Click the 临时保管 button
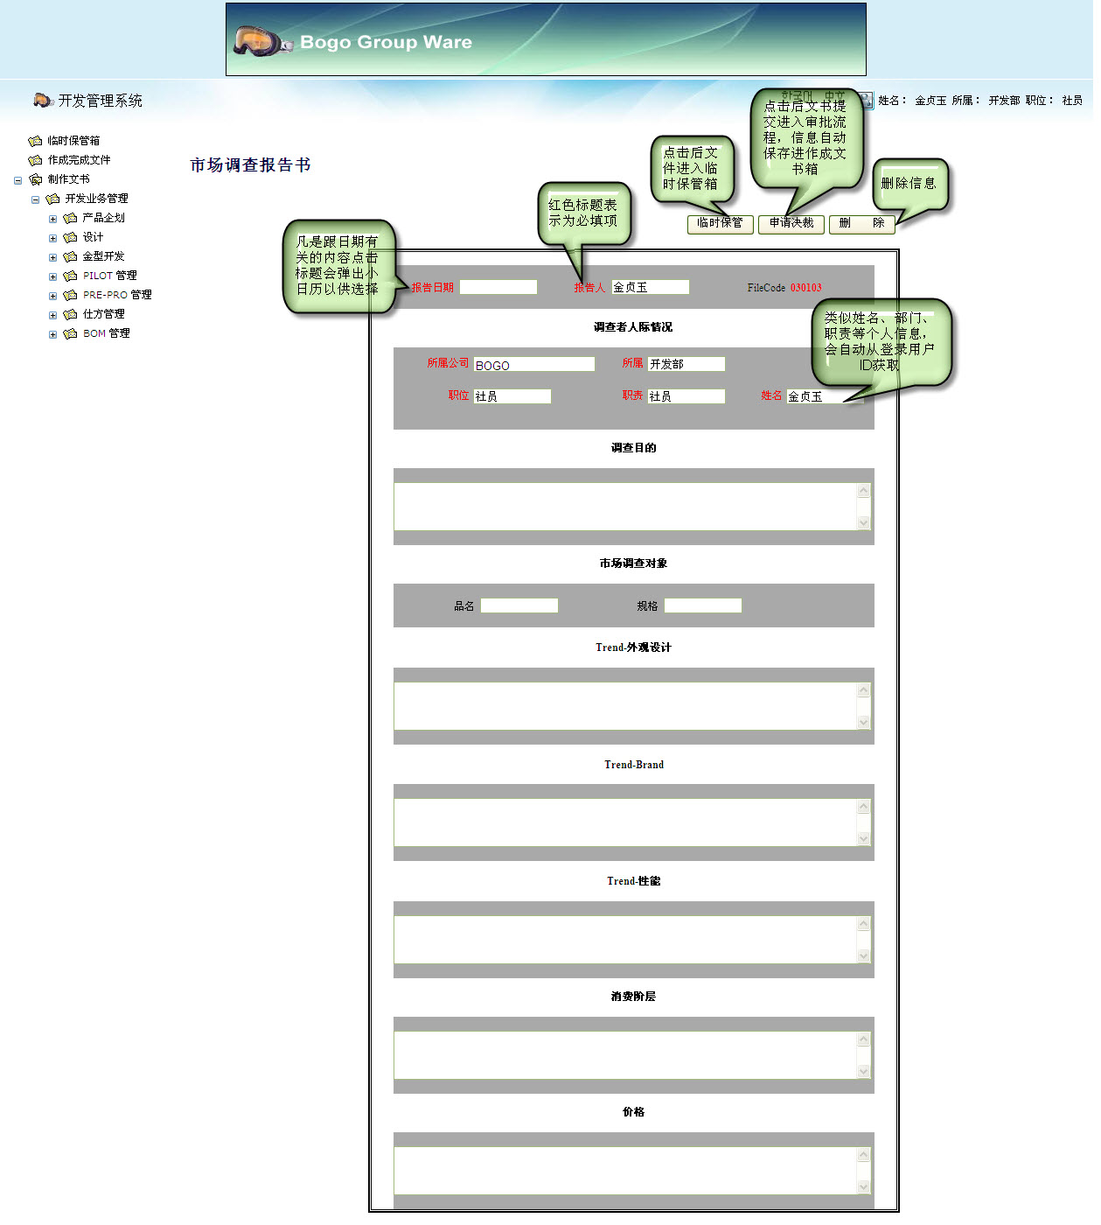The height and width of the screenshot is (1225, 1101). pyautogui.click(x=720, y=224)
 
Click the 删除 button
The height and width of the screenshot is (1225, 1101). pyautogui.click(x=861, y=224)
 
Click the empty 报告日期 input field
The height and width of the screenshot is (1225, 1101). pyautogui.click(x=498, y=287)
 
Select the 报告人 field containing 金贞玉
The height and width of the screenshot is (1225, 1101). pyautogui.click(x=650, y=287)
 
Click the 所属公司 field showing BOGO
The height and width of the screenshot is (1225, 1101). pyautogui.click(x=533, y=365)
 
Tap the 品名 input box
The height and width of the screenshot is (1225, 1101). pyautogui.click(x=519, y=605)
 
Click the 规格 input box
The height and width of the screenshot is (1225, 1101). pyautogui.click(x=702, y=605)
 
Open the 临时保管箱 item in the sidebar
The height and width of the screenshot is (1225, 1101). pyautogui.click(x=73, y=141)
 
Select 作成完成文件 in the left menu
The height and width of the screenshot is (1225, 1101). pyautogui.click(x=79, y=160)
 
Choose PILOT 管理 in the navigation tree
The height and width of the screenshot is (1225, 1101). pyautogui.click(x=109, y=276)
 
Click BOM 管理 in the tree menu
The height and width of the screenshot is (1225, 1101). pyautogui.click(x=106, y=333)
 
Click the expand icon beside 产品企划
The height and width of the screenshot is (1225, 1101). pyautogui.click(x=52, y=219)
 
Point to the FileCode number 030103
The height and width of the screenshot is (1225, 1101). pyautogui.click(x=805, y=288)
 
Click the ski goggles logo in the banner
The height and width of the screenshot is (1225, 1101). pyautogui.click(x=261, y=41)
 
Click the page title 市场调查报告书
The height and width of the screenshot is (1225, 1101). pyautogui.click(x=250, y=165)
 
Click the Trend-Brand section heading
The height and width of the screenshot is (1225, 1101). pyautogui.click(x=633, y=765)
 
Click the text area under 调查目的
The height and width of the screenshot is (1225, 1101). pyautogui.click(x=625, y=507)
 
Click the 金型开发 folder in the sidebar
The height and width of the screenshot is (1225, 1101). pyautogui.click(x=103, y=256)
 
